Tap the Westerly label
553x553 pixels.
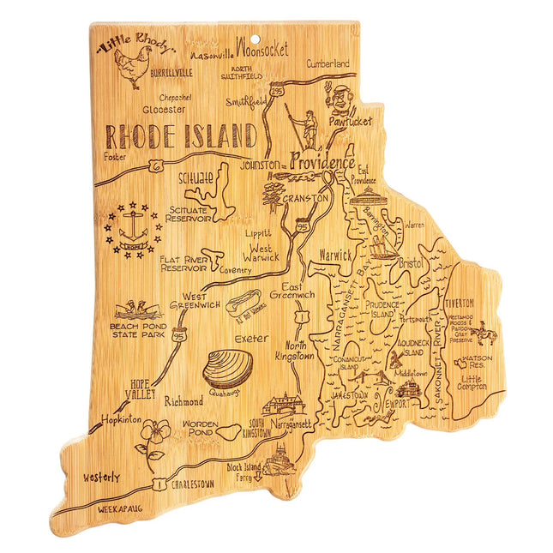102,477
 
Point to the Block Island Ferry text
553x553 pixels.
244,474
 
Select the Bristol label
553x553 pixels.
412,263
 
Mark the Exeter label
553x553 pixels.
251,339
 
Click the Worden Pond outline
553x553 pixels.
230,431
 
